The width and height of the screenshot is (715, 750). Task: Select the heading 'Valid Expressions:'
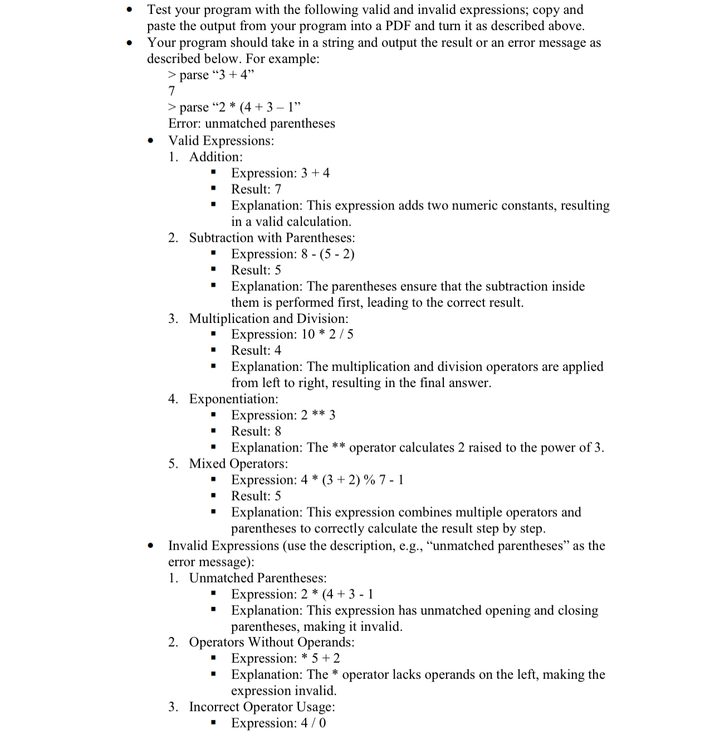click(x=221, y=140)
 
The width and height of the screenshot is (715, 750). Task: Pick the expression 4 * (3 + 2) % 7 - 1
click(x=352, y=480)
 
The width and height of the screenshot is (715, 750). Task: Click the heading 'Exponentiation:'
click(x=233, y=399)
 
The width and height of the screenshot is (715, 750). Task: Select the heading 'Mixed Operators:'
click(x=238, y=464)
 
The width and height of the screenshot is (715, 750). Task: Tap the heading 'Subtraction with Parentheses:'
click(x=272, y=238)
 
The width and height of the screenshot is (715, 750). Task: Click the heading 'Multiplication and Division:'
click(x=268, y=318)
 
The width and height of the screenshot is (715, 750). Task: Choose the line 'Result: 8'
click(x=256, y=432)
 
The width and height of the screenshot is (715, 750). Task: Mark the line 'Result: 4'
click(x=256, y=350)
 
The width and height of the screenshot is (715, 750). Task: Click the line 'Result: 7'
click(x=256, y=189)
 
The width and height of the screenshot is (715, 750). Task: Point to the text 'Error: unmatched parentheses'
click(x=252, y=124)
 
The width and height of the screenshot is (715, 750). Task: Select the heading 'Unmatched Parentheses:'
click(x=258, y=578)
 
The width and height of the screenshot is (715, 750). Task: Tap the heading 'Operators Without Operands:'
click(x=272, y=643)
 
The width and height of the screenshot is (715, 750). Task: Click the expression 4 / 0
click(x=314, y=723)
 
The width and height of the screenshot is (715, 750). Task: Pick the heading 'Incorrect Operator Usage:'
click(x=262, y=707)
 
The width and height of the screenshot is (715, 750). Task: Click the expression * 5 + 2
click(x=321, y=659)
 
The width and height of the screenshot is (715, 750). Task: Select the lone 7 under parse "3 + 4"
click(x=172, y=91)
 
